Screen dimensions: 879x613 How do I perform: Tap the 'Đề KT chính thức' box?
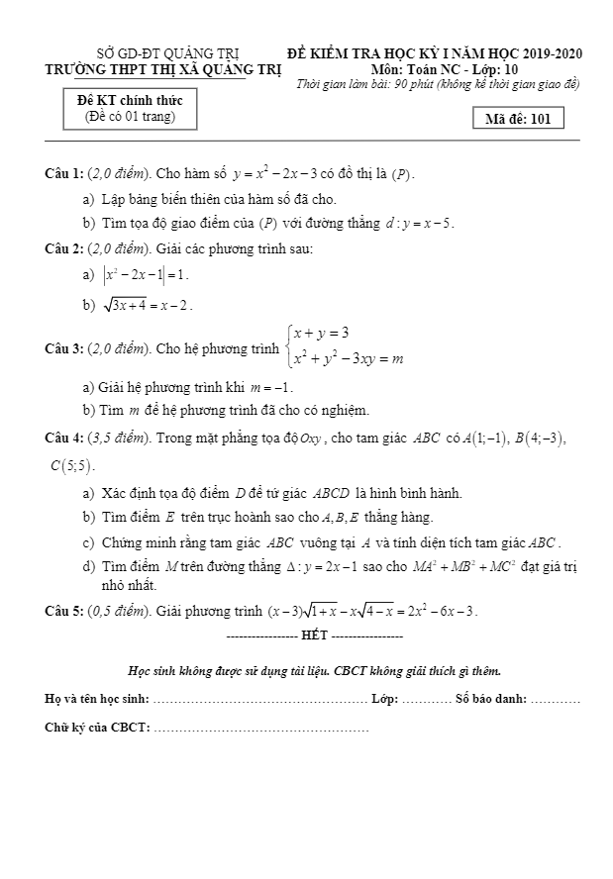130,109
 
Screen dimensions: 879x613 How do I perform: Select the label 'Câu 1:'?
64,174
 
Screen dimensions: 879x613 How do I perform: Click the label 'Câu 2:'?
64,248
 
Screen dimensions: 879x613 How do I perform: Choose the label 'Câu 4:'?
64,438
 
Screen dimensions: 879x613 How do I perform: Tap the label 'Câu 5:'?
64,610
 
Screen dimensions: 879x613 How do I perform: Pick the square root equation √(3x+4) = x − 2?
146,305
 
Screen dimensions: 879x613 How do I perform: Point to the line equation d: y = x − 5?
420,224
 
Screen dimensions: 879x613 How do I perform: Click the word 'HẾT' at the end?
314,635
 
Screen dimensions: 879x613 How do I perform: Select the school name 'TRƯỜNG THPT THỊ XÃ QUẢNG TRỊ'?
163,69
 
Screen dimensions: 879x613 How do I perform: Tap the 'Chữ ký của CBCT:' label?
97,729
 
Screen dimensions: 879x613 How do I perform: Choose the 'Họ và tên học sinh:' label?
97,700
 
